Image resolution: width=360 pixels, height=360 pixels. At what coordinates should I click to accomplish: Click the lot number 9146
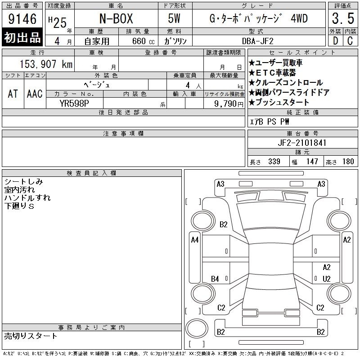point(22,19)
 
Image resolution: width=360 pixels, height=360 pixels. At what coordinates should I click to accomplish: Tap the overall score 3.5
point(343,18)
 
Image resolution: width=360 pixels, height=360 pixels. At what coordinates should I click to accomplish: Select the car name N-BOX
point(116,18)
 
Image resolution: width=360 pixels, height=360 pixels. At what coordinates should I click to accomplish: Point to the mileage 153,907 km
point(46,64)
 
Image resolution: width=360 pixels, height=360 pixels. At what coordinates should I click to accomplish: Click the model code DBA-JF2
point(258,41)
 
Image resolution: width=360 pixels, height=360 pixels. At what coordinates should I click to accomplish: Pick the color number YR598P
point(74,103)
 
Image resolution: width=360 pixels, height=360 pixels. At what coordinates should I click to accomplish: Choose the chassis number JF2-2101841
point(302,143)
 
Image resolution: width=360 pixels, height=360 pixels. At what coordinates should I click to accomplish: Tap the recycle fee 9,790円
point(229,104)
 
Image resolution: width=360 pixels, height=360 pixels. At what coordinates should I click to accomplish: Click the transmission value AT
point(13,94)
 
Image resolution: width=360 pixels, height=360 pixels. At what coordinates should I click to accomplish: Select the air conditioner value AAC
point(35,94)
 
